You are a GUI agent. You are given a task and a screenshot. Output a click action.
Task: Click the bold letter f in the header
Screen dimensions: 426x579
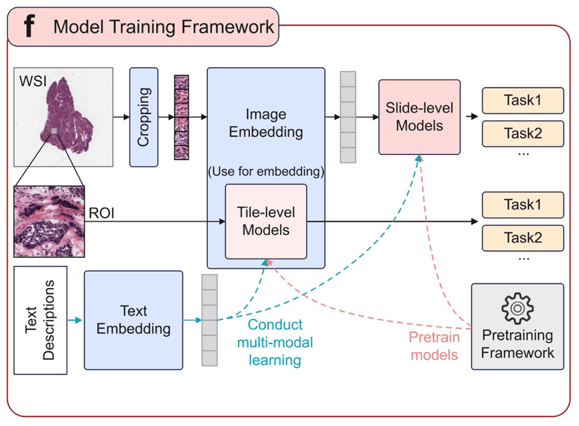[x=28, y=26]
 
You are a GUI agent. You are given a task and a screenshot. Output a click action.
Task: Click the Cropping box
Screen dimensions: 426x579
[x=144, y=117]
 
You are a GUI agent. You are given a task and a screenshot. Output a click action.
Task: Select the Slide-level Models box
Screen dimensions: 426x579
[x=419, y=117]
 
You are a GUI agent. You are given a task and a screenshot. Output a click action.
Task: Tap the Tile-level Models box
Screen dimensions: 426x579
[x=265, y=222]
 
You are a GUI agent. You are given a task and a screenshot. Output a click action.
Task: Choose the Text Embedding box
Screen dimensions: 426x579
[x=133, y=320]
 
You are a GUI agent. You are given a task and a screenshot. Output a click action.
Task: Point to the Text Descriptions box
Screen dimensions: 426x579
[x=40, y=320]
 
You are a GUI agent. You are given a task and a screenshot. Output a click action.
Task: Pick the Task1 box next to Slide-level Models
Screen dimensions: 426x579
[x=523, y=100]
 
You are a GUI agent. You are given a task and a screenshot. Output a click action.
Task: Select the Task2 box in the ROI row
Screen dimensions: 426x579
[x=523, y=238]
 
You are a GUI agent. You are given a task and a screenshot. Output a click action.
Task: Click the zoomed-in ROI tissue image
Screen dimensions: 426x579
[x=49, y=221]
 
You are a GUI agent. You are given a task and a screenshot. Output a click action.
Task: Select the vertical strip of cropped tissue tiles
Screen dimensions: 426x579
[x=181, y=117]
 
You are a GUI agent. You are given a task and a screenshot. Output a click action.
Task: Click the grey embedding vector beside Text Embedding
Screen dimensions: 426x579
[x=209, y=320]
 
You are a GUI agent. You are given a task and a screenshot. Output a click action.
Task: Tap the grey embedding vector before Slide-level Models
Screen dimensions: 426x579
[x=348, y=117]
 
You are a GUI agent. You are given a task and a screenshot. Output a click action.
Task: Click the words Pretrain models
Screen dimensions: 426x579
[x=433, y=345]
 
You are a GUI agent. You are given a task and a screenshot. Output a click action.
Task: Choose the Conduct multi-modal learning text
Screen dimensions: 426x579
[x=275, y=343]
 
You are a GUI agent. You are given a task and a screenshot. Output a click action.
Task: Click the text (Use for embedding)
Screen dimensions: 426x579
[x=265, y=171]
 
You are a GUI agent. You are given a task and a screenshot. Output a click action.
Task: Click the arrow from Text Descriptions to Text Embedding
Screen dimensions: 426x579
[x=75, y=320]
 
